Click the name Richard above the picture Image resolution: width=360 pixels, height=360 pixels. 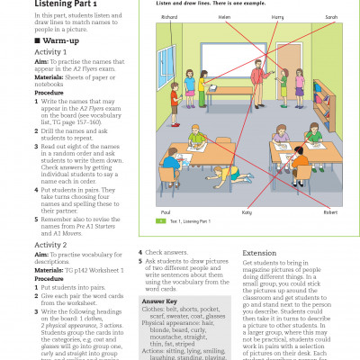169,17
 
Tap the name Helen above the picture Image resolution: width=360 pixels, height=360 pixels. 224,17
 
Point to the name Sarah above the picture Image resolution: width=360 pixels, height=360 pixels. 331,17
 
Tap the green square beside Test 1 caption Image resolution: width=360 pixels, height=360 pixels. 160,245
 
